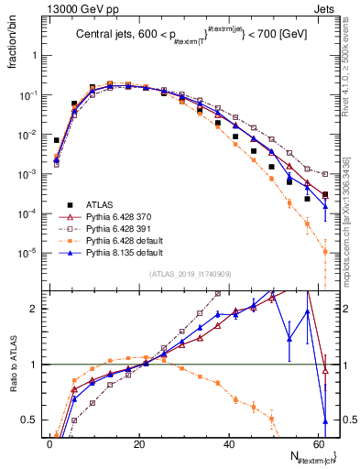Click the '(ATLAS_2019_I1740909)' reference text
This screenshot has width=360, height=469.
coord(188,274)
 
